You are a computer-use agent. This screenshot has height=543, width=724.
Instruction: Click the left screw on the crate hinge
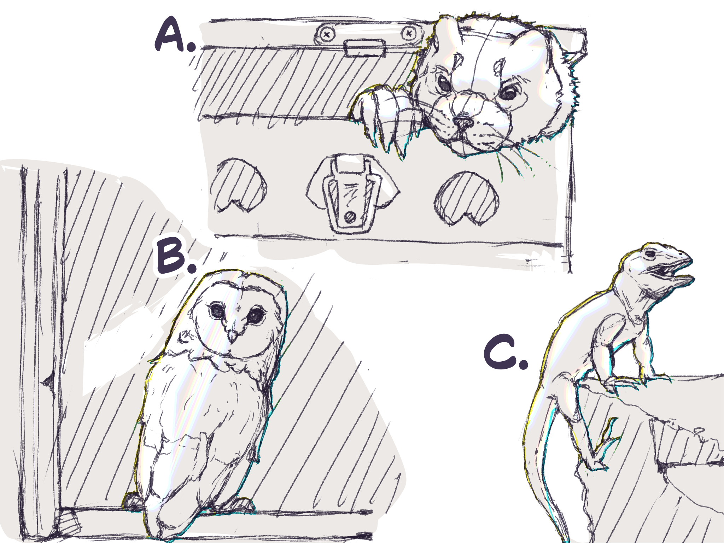(x=327, y=34)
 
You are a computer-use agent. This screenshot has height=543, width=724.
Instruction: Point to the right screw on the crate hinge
(x=409, y=34)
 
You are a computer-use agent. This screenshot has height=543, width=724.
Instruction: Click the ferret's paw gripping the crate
(x=382, y=113)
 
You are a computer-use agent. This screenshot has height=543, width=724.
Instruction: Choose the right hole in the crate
(x=466, y=198)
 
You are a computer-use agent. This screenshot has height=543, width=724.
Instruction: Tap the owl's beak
(x=232, y=335)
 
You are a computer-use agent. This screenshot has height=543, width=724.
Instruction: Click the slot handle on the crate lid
(x=366, y=48)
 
